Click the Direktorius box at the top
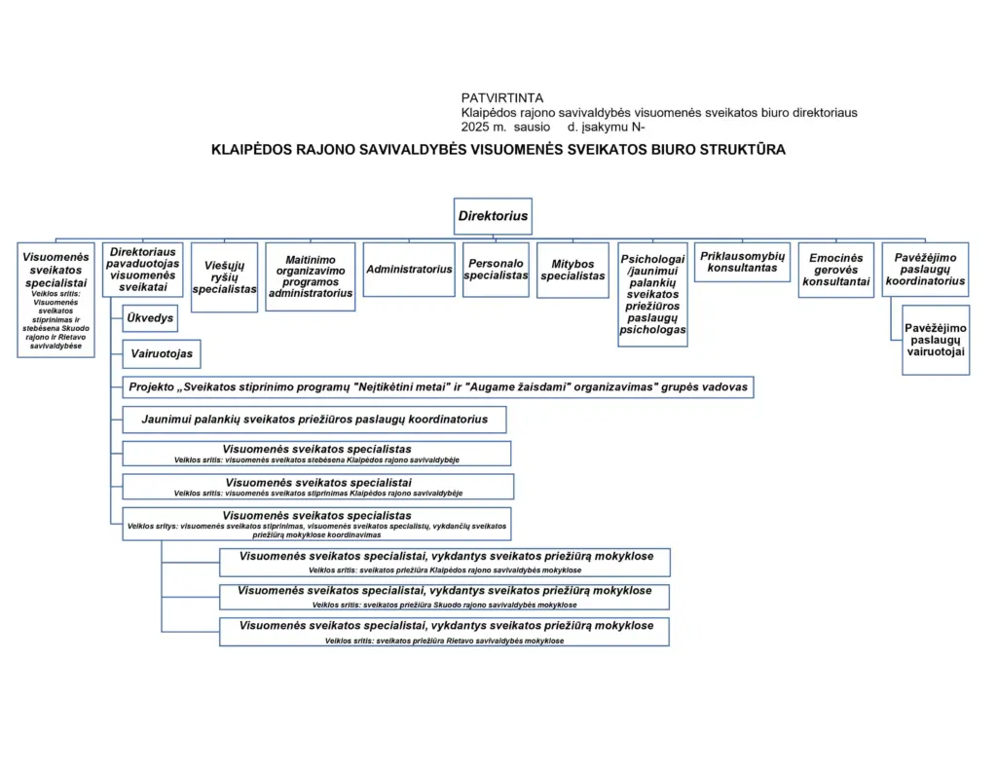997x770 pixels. click(493, 216)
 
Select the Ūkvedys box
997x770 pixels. click(150, 318)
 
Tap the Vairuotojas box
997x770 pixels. click(162, 354)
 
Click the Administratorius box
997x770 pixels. click(409, 270)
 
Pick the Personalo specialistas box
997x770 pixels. click(496, 270)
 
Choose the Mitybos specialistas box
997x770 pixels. click(572, 271)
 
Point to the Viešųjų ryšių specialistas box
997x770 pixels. click(225, 277)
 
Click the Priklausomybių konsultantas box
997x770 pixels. click(742, 262)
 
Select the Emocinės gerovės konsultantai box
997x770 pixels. click(836, 270)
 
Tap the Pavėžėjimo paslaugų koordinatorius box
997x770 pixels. click(925, 270)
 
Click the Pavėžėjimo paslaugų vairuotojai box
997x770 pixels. click(936, 340)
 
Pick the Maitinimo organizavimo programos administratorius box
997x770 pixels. click(311, 276)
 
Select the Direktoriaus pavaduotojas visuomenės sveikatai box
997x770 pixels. click(143, 270)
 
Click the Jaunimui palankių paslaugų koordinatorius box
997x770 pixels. click(314, 420)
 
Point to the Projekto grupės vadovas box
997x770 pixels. click(438, 387)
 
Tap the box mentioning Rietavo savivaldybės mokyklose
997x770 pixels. click(444, 632)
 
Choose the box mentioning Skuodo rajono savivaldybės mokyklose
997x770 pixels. click(444, 597)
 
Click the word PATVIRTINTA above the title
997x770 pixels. click(502, 98)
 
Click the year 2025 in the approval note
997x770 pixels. click(474, 128)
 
